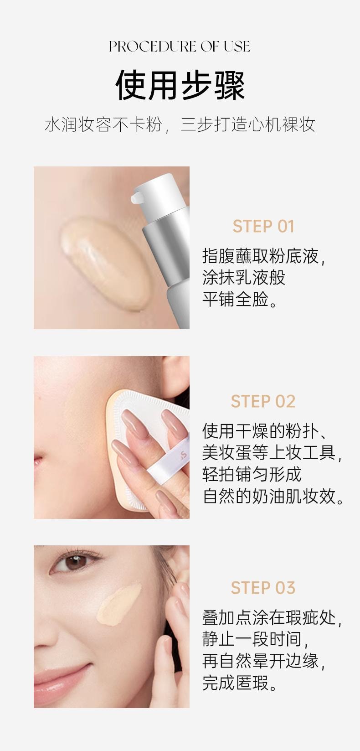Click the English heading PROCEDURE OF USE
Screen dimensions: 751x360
[180, 47]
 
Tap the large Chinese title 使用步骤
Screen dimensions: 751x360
[180, 85]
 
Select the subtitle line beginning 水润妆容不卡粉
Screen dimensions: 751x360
[180, 124]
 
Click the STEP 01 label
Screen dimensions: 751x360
[263, 226]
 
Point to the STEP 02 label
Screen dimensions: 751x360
[263, 401]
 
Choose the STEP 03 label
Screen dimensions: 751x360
[263, 588]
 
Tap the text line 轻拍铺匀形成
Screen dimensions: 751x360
[252, 474]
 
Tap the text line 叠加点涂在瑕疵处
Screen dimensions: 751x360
[272, 618]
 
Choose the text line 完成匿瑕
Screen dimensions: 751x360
[240, 683]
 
